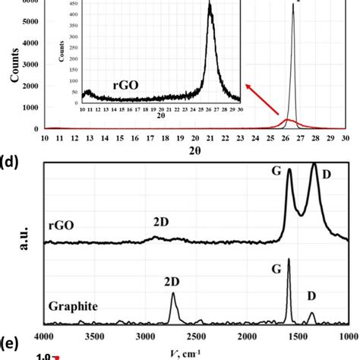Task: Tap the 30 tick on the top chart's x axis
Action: click(x=344, y=139)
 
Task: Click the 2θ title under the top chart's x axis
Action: click(x=194, y=151)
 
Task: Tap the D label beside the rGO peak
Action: click(x=327, y=175)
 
